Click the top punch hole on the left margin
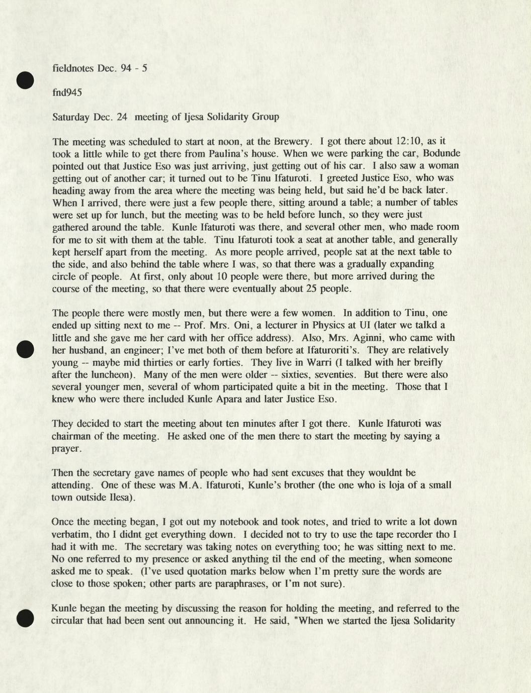[x=24, y=80]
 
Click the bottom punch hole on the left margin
[x=24, y=618]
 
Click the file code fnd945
[x=67, y=92]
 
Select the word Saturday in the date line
[x=71, y=117]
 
